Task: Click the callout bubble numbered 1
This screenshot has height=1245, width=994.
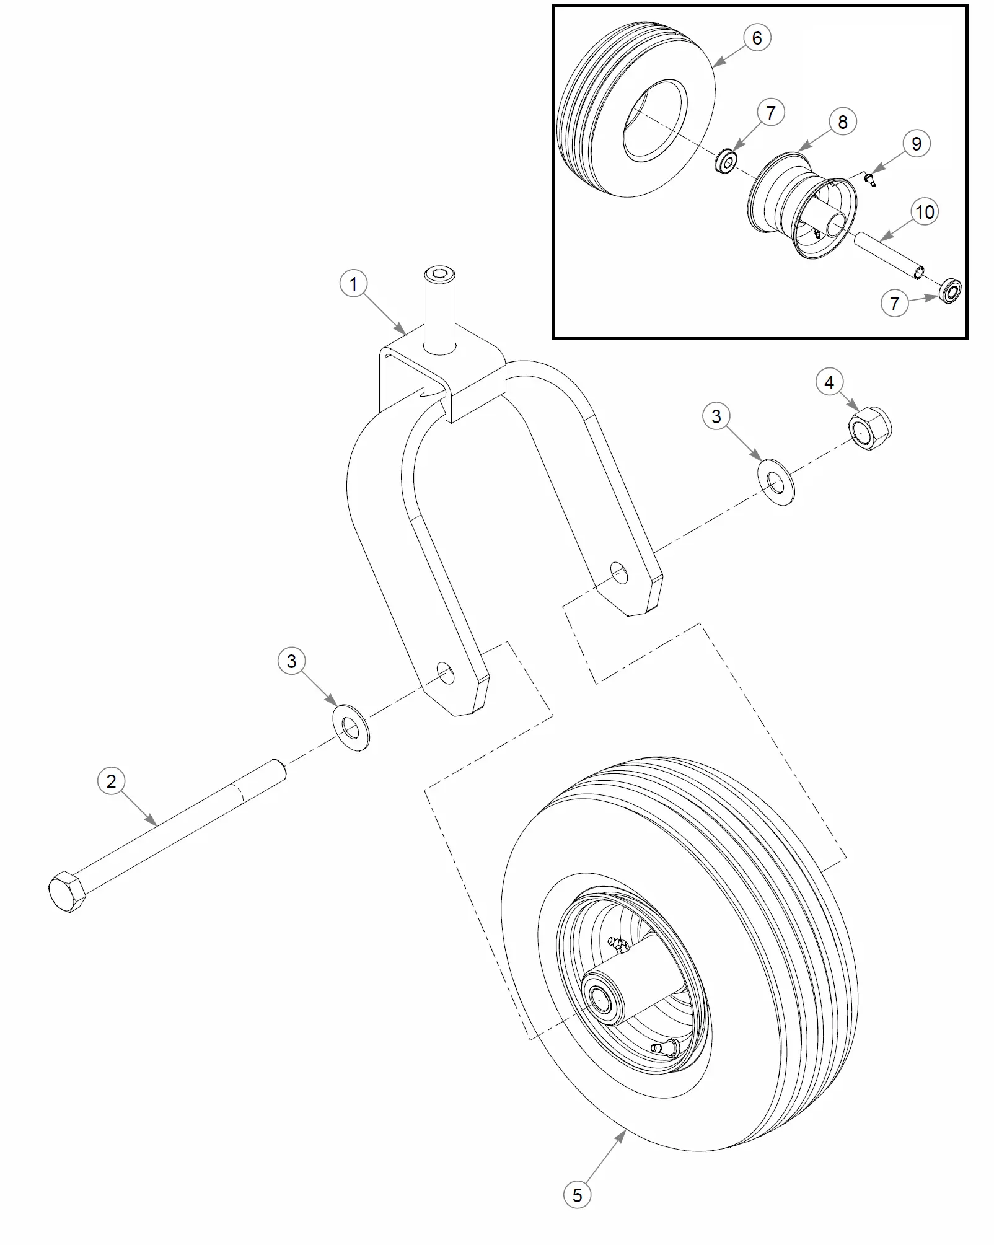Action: tap(353, 284)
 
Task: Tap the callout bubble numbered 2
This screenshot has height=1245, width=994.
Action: tap(111, 781)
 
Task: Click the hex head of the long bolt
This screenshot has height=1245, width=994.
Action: tap(68, 891)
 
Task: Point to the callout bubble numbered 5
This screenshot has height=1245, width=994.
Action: tap(577, 1195)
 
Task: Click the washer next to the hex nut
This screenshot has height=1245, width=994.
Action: tap(776, 482)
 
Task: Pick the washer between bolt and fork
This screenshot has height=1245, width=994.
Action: tap(351, 728)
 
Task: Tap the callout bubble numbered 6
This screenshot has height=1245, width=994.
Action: tap(757, 38)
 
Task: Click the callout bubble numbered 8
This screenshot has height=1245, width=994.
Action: tap(842, 122)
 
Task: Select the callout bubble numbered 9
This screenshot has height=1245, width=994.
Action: tap(916, 144)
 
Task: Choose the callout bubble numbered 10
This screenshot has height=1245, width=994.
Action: tap(925, 212)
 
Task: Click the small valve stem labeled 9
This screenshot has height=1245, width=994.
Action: tap(870, 180)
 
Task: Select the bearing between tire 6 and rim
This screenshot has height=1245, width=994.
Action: tap(726, 162)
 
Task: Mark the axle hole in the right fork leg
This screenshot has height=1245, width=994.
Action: tap(618, 573)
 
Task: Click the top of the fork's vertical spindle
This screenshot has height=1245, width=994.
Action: tap(439, 275)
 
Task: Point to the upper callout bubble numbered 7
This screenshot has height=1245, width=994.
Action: tap(770, 113)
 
